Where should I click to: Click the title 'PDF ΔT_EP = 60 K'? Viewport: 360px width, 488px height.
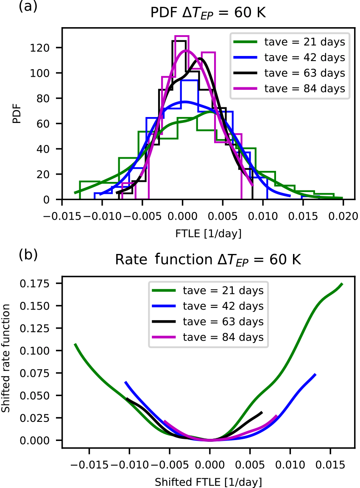coord(208,14)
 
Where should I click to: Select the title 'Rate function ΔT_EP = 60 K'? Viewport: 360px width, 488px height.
coord(208,260)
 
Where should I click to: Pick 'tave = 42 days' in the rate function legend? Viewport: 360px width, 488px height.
coord(223,306)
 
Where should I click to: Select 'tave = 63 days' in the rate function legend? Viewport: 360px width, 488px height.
coord(223,322)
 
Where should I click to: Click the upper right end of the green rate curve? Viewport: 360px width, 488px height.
coord(342,284)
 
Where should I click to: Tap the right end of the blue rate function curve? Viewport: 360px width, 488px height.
coord(315,374)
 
